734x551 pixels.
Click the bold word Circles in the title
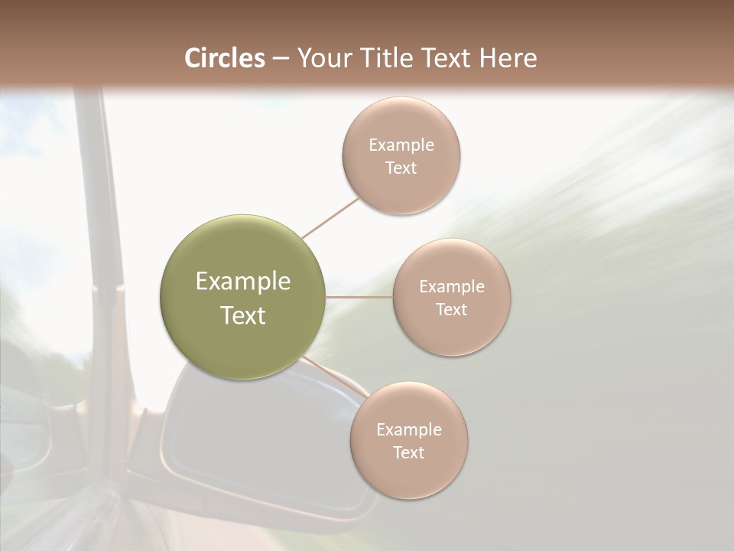pyautogui.click(x=224, y=58)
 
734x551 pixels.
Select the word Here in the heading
pyautogui.click(x=508, y=58)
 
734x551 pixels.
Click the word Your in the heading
pyautogui.click(x=325, y=58)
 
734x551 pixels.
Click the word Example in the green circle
pyautogui.click(x=243, y=282)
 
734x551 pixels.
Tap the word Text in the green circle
pyautogui.click(x=243, y=315)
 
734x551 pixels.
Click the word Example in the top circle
pyautogui.click(x=401, y=145)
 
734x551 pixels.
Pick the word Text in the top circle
pyautogui.click(x=401, y=168)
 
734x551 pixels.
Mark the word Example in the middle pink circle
pyautogui.click(x=451, y=286)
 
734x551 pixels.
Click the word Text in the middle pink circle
pyautogui.click(x=451, y=309)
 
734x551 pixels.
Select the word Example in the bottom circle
pyautogui.click(x=408, y=429)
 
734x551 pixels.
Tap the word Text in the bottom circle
pyautogui.click(x=408, y=452)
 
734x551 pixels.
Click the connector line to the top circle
pyautogui.click(x=330, y=218)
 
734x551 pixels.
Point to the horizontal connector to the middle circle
pyautogui.click(x=359, y=296)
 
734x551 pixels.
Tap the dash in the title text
pyautogui.click(x=280, y=58)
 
